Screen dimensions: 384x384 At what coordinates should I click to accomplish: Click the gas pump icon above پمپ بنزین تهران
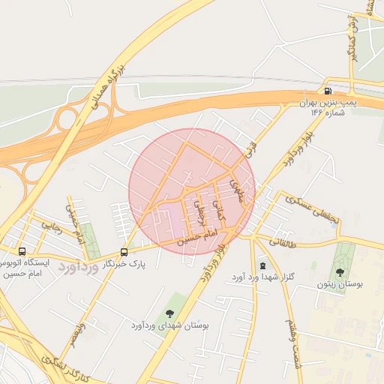click(x=328, y=91)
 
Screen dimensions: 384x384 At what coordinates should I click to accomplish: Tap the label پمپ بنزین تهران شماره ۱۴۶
click(x=328, y=106)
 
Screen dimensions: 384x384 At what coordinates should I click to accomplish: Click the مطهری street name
click(x=238, y=184)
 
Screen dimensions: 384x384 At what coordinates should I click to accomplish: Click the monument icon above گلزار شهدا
click(x=262, y=265)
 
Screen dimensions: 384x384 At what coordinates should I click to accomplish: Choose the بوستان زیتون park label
click(x=340, y=286)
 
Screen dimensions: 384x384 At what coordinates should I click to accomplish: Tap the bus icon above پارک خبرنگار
click(x=124, y=252)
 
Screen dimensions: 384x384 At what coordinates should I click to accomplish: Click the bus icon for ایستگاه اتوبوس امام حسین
click(x=22, y=251)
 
